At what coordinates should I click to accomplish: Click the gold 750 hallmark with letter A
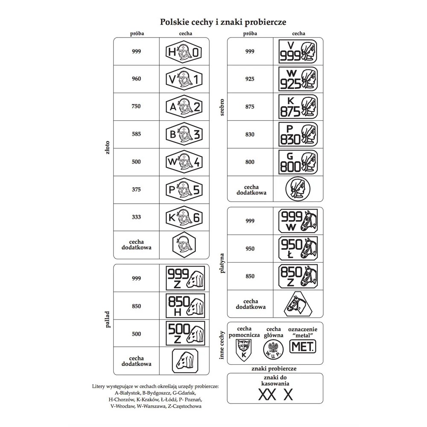pyautogui.click(x=184, y=106)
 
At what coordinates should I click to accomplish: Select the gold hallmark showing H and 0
pyautogui.click(x=184, y=52)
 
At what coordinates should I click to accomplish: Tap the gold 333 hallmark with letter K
pyautogui.click(x=184, y=217)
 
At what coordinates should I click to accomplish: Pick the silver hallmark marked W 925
pyautogui.click(x=298, y=79)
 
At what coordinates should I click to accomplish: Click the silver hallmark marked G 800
pyautogui.click(x=298, y=162)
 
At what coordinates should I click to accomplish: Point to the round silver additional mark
pyautogui.click(x=298, y=189)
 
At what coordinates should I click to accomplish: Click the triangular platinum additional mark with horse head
pyautogui.click(x=298, y=304)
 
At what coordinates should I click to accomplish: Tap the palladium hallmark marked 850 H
pyautogui.click(x=185, y=306)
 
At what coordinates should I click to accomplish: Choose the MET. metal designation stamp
pyautogui.click(x=303, y=346)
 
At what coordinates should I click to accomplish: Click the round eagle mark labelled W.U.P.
pyautogui.click(x=273, y=349)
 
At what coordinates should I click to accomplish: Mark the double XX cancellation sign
pyautogui.click(x=267, y=395)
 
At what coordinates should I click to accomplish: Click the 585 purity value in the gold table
pyautogui.click(x=136, y=134)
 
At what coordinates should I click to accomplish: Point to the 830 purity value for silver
pyautogui.click(x=250, y=134)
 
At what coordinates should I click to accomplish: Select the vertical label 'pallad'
pyautogui.click(x=107, y=319)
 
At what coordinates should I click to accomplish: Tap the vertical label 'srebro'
pyautogui.click(x=222, y=107)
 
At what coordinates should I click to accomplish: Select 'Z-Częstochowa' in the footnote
pyautogui.click(x=184, y=406)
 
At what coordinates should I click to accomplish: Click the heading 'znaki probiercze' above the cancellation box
pyautogui.click(x=274, y=369)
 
